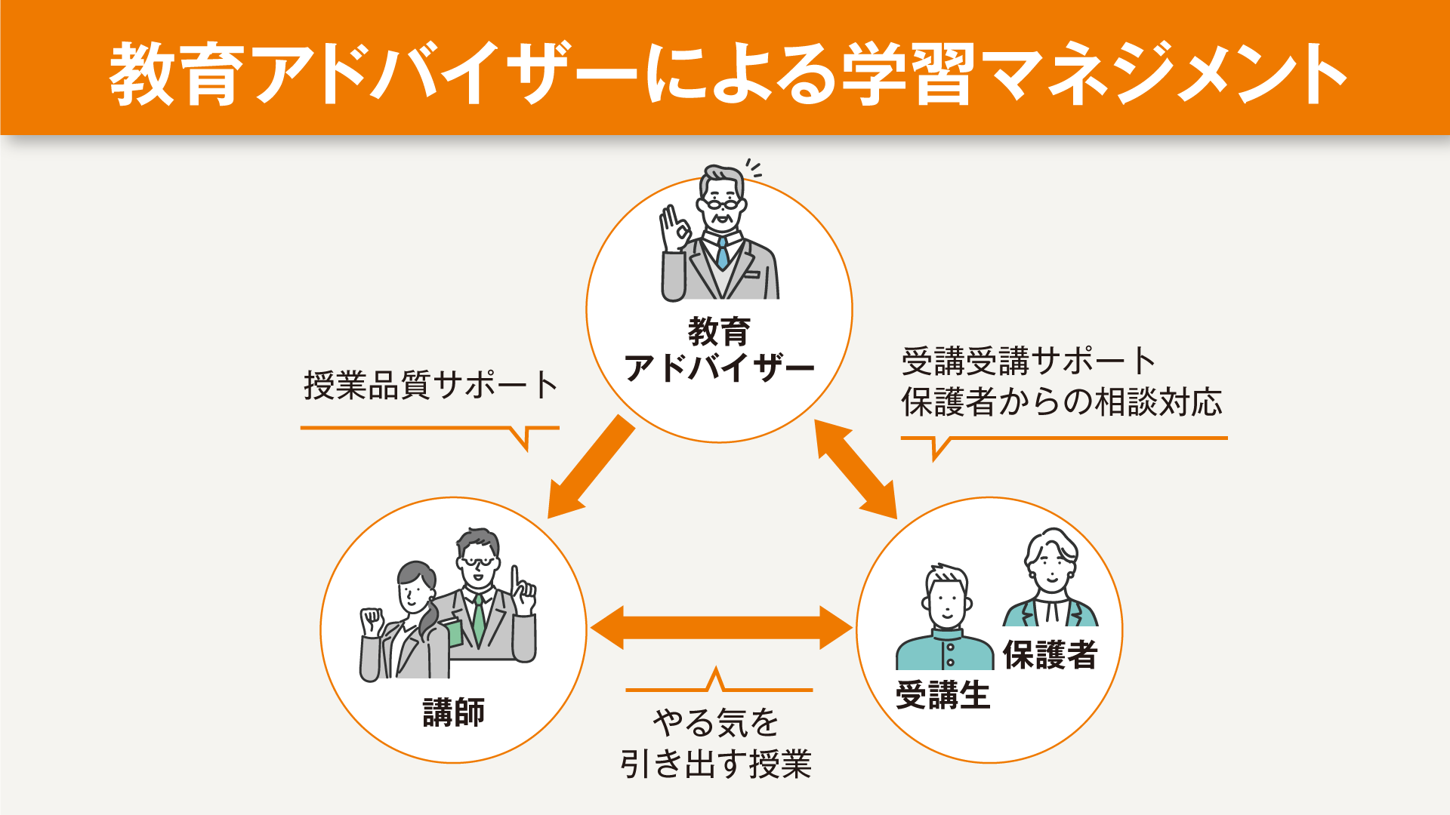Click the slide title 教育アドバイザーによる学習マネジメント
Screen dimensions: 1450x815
pos(728,73)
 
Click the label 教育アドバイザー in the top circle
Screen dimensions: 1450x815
pos(719,350)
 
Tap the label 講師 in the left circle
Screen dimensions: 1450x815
pos(454,712)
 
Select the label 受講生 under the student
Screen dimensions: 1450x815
pos(942,694)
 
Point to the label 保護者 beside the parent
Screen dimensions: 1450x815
pos(1050,654)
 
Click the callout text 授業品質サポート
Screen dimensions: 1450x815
pos(430,385)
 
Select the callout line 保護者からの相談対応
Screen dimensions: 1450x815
pos(1061,402)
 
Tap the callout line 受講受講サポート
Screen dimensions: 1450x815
pos(1029,361)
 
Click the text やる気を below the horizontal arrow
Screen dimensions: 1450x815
pos(716,722)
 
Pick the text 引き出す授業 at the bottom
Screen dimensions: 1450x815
pos(716,764)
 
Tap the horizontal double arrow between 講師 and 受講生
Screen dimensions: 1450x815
pos(721,628)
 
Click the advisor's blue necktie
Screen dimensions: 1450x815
pos(722,254)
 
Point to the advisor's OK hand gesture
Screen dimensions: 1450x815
pos(675,227)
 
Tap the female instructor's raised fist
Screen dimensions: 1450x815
pos(372,622)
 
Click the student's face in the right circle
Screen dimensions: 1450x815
pos(947,602)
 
